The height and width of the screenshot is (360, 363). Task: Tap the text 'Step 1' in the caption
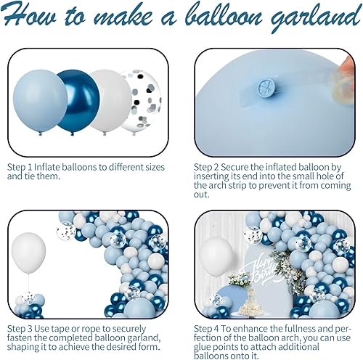point(20,166)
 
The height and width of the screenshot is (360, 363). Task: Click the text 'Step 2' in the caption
point(208,166)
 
